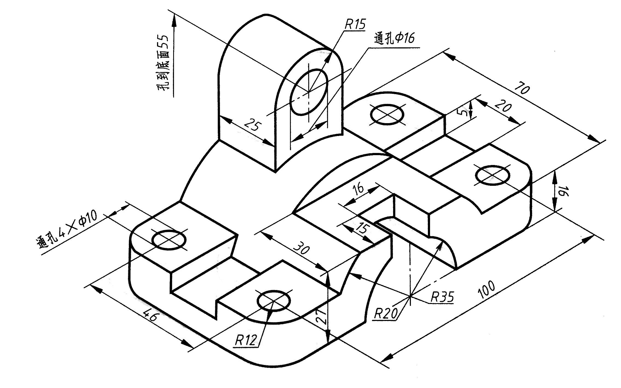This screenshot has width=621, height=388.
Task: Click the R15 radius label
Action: click(x=355, y=24)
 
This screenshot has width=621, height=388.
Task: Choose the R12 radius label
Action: click(x=246, y=340)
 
